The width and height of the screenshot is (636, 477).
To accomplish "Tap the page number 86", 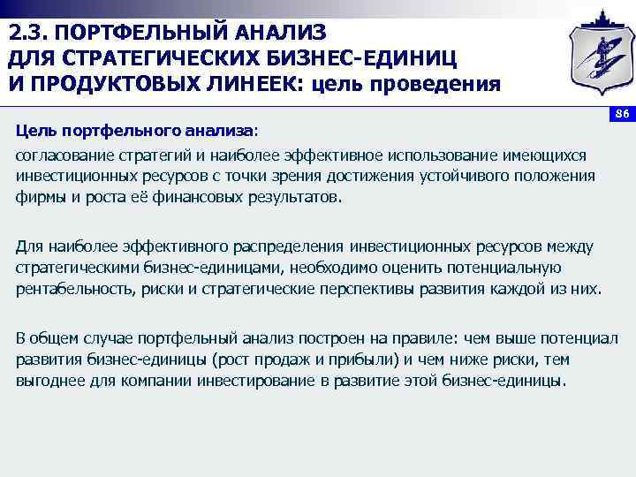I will point(620,114).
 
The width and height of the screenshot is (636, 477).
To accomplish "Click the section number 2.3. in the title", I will point(31,34).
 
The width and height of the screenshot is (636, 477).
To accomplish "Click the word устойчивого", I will point(468,176).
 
